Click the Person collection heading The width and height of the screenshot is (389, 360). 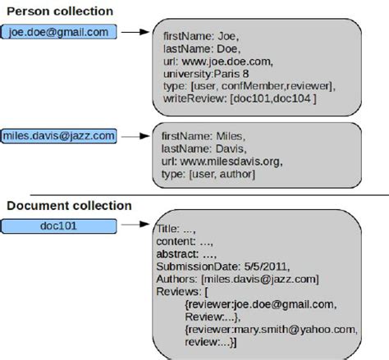click(x=59, y=11)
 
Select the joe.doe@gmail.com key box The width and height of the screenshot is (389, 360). click(x=60, y=33)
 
